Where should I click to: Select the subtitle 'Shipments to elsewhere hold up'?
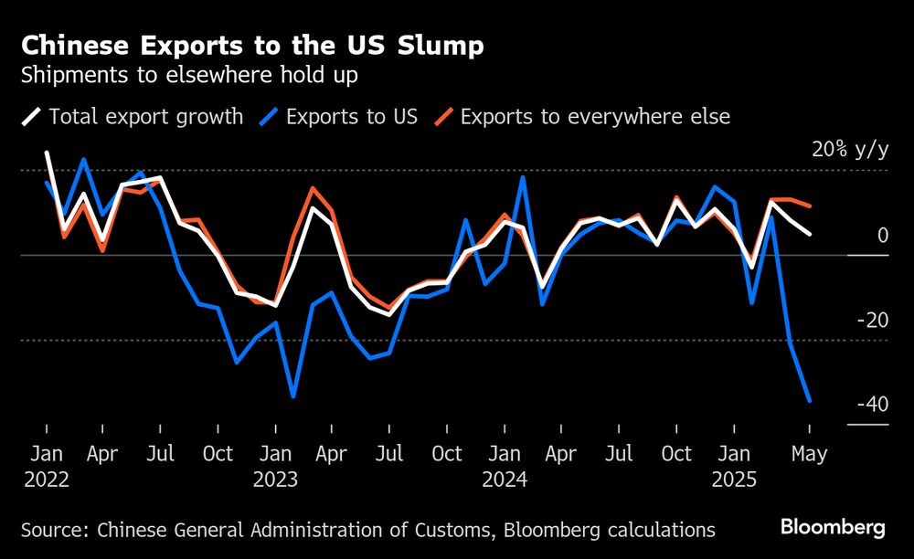tap(189, 75)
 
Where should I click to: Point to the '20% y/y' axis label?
tap(849, 150)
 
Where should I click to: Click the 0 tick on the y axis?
tap(882, 236)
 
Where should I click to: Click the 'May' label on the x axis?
tap(809, 454)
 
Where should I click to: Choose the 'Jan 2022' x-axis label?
tap(46, 466)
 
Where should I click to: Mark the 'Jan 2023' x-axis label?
tap(275, 466)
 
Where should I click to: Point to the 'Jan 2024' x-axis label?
tap(505, 466)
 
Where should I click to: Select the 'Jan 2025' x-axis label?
tap(734, 466)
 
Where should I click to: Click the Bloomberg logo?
tap(832, 527)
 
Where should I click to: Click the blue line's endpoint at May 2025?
tap(809, 400)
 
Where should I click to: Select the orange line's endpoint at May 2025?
tap(809, 206)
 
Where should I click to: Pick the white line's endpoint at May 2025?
tap(809, 234)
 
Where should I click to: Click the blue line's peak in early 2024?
tap(523, 177)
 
